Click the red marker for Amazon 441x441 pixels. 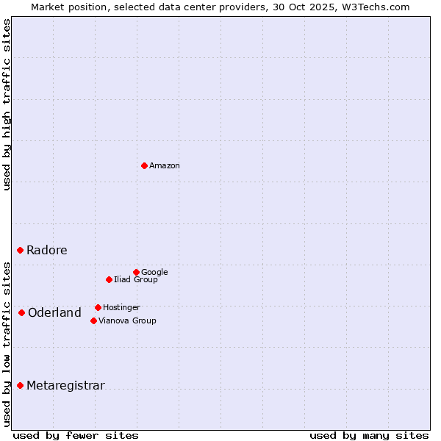144,165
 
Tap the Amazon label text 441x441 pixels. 164,166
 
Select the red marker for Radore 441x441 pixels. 20,250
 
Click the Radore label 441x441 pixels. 46,250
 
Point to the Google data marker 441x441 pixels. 136,272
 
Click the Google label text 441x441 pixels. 154,273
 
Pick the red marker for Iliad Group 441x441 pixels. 109,279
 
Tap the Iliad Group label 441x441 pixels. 135,280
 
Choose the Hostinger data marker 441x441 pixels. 98,307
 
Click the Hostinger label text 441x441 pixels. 121,308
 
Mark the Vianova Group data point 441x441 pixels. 93,320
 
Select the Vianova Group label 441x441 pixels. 127,321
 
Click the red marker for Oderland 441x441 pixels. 21,312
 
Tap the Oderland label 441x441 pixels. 54,313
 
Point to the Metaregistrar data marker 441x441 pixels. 20,385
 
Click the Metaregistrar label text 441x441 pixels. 65,386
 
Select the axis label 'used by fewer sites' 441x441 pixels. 76,435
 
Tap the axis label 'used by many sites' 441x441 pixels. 369,435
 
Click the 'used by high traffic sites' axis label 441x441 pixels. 7,104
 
